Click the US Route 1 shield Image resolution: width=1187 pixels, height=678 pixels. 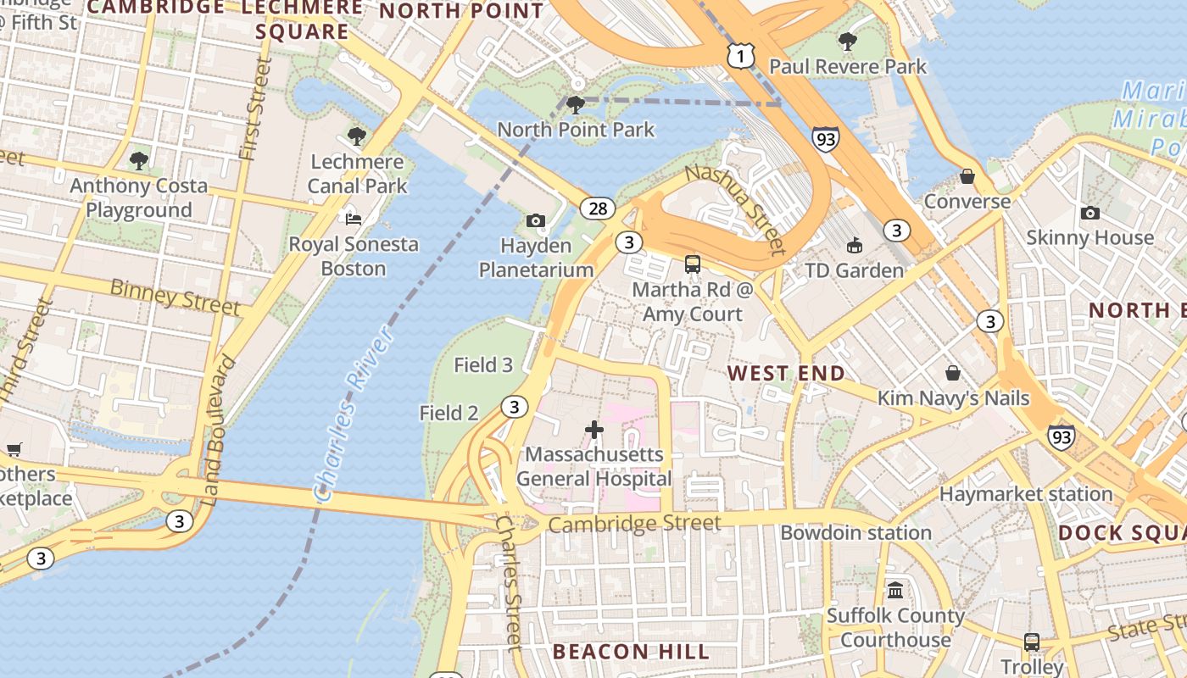click(740, 55)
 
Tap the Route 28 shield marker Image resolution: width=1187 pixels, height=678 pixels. click(598, 208)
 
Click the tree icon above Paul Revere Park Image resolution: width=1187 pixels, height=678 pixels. click(847, 41)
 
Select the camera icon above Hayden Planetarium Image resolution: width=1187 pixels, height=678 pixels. click(535, 220)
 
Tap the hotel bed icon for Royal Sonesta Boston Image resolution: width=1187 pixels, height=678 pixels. click(354, 219)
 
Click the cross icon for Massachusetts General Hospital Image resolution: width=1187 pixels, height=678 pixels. click(594, 430)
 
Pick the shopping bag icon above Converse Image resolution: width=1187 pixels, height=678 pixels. click(967, 176)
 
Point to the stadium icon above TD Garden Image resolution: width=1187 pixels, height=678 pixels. click(854, 245)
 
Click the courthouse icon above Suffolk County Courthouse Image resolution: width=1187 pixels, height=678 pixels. click(895, 590)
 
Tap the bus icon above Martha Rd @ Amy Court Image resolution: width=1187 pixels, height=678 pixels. click(693, 264)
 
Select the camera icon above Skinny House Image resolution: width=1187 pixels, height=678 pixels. click(1089, 213)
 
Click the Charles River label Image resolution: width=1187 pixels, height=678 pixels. click(354, 414)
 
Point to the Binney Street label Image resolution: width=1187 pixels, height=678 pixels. click(175, 297)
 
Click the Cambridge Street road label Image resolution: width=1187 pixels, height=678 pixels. click(634, 524)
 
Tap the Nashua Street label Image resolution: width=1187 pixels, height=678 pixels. click(734, 208)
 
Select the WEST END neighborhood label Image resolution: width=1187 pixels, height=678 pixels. click(786, 373)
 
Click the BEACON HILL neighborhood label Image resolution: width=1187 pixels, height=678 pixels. click(630, 652)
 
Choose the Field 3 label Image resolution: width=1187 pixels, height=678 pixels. click(483, 365)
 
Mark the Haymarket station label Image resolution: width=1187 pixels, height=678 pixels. click(1026, 493)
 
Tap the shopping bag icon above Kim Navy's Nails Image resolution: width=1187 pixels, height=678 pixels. click(953, 373)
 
